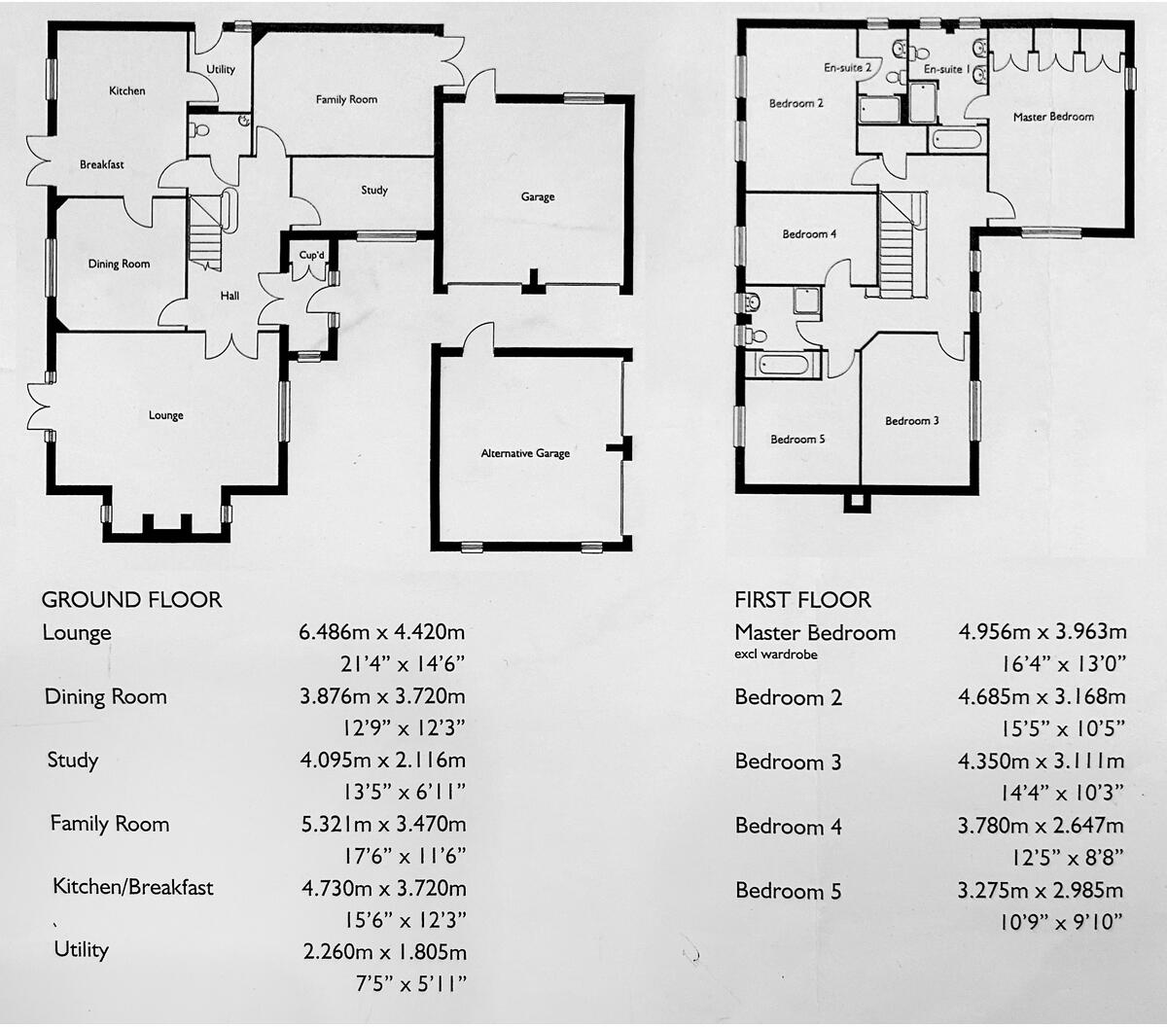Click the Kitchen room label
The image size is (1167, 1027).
(126, 90)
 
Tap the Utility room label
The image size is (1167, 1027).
(221, 69)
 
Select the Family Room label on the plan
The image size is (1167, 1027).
(346, 99)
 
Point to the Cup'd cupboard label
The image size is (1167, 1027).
(312, 256)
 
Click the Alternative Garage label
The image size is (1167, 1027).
(525, 453)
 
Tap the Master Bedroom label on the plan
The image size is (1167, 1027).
(1053, 117)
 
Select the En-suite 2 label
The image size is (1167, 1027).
(847, 68)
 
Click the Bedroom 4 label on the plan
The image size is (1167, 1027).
(809, 234)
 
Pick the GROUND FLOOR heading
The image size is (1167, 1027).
(132, 600)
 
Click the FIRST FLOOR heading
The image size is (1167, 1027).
(802, 600)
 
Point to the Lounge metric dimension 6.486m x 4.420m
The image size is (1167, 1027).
(382, 632)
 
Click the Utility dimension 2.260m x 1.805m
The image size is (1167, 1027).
(384, 952)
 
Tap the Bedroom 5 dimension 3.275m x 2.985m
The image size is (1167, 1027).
(1041, 890)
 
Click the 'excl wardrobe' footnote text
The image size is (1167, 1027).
(775, 655)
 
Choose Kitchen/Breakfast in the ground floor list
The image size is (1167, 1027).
(133, 887)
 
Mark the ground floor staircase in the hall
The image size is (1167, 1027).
(205, 233)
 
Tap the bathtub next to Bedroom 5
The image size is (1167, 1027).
(783, 366)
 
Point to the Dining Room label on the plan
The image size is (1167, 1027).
(119, 264)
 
